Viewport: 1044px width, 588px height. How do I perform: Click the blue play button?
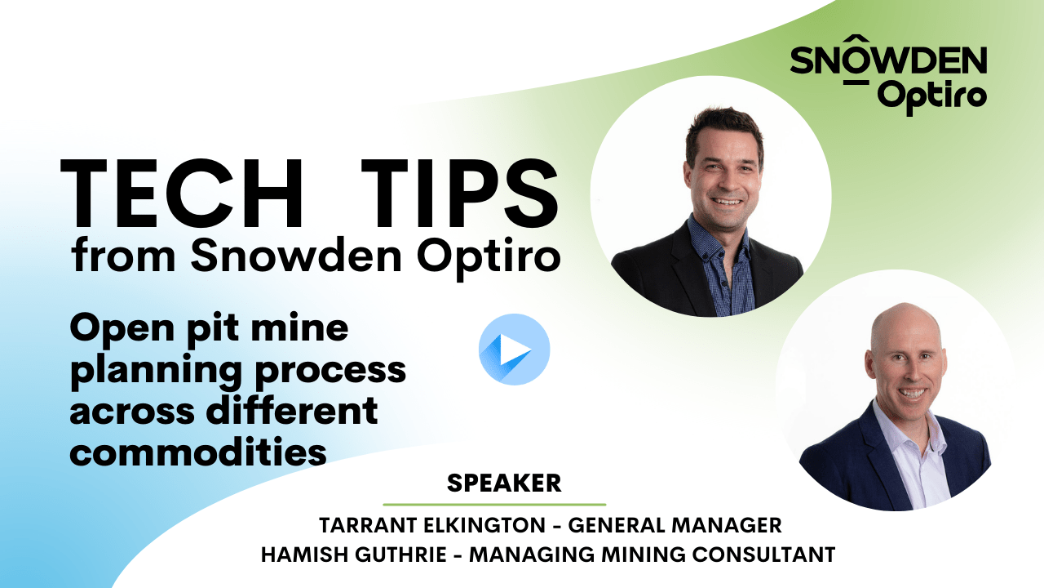coord(514,350)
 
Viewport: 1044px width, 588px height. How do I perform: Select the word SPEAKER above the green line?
coord(504,483)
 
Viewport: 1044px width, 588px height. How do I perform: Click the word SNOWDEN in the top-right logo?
coord(888,62)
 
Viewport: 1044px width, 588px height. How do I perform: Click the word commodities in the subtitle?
coord(198,452)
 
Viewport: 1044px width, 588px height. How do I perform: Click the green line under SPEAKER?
coord(494,505)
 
